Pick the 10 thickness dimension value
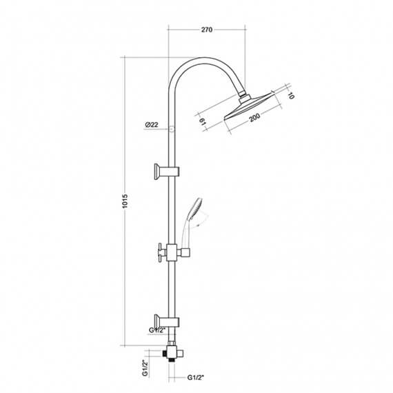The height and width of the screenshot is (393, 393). click(291, 96)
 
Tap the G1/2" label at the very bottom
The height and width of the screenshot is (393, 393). click(199, 378)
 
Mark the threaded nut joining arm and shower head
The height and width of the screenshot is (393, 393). click(243, 92)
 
